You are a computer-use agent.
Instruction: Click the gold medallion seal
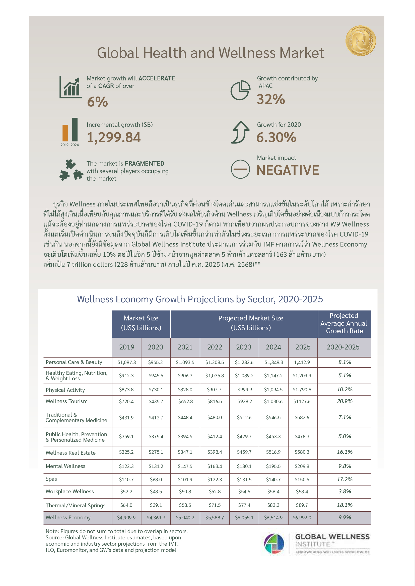[361, 41]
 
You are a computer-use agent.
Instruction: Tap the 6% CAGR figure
[97, 101]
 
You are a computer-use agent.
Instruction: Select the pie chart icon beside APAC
[240, 90]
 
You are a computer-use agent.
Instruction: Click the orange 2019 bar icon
[65, 133]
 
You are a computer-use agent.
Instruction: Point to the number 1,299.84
[114, 137]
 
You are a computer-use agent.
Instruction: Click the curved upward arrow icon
[240, 132]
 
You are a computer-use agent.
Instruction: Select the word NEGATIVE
[288, 170]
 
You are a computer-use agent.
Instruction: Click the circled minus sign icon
[240, 169]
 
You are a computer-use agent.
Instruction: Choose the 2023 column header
[244, 347]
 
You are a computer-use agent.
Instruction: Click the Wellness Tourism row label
[66, 401]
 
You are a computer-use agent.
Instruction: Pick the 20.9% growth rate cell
[344, 401]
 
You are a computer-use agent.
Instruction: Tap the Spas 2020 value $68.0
[156, 479]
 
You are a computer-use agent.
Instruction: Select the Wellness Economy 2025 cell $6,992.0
[302, 518]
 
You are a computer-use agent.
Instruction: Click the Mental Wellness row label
[65, 466]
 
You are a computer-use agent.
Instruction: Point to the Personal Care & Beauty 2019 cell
[126, 363]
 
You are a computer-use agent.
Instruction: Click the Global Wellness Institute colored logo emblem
[274, 544]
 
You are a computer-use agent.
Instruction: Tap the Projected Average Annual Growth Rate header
[344, 323]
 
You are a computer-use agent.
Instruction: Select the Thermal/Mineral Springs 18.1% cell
[344, 505]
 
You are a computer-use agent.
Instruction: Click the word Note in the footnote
[52, 531]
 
